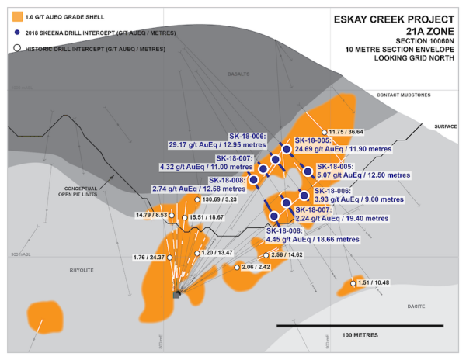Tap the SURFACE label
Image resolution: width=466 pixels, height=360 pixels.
coord(446,126)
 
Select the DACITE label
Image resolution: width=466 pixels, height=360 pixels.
coord(417,306)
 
